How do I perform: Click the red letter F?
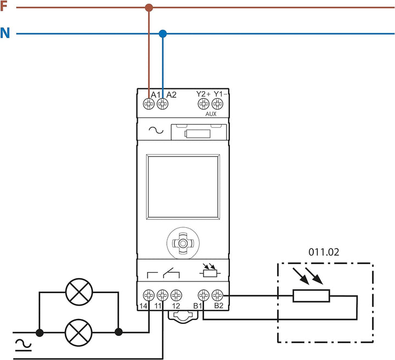4,7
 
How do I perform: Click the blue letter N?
5,33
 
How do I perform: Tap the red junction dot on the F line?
149,8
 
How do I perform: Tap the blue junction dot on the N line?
162,34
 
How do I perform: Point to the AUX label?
211,114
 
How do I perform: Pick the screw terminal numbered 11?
162,294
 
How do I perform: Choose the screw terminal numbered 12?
176,294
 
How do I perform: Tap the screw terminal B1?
204,294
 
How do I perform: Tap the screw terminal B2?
217,294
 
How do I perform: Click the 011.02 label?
323,252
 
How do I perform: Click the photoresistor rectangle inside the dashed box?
311,296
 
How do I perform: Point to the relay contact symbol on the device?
162,272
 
